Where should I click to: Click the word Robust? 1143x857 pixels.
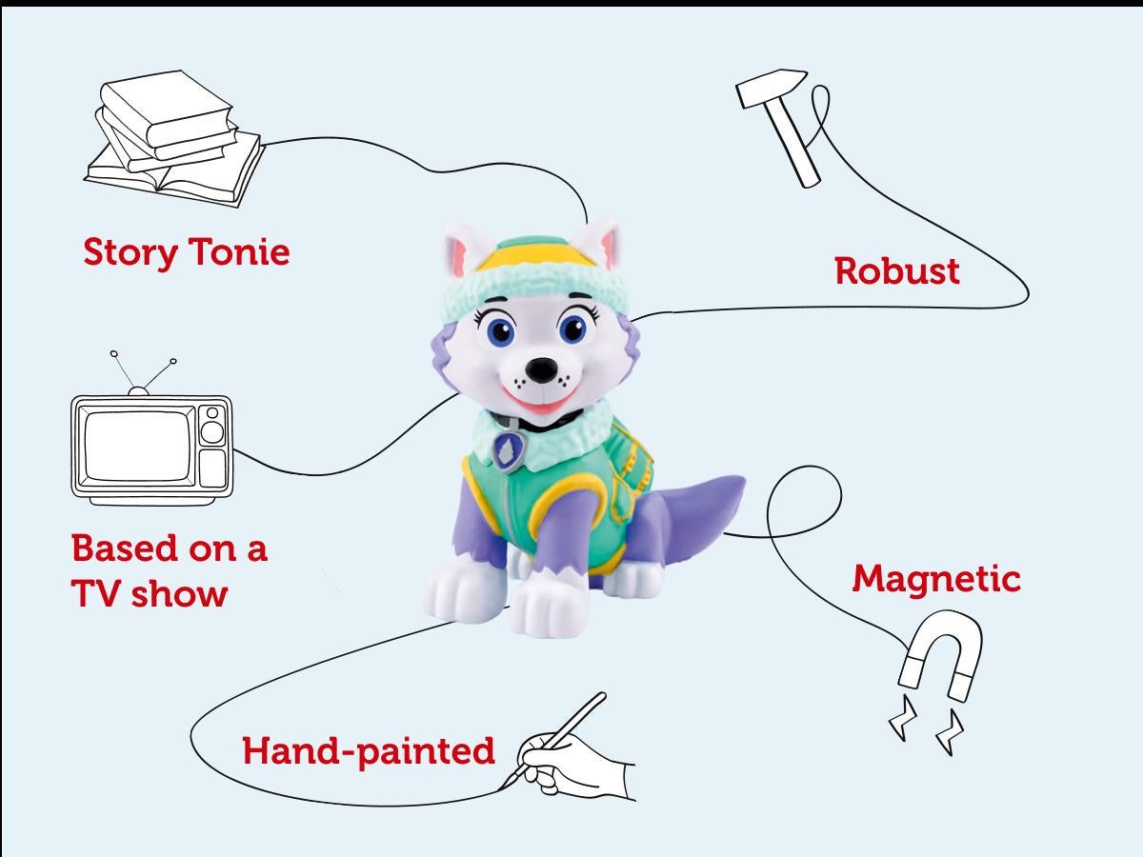[896, 271]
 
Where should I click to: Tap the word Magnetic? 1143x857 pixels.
[936, 579]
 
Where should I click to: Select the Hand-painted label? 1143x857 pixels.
[369, 752]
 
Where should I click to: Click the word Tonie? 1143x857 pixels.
[238, 251]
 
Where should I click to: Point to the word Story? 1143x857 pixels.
[130, 253]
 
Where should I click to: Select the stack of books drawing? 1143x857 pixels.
[174, 139]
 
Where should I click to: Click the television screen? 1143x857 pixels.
[137, 446]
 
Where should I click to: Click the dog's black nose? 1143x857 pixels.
[542, 369]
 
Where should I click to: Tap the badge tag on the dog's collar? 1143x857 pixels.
[507, 449]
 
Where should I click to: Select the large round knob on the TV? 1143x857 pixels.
[212, 432]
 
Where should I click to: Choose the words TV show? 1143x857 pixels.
[150, 593]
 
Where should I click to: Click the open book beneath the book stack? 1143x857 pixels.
[174, 174]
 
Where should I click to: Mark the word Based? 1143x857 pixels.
[124, 548]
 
